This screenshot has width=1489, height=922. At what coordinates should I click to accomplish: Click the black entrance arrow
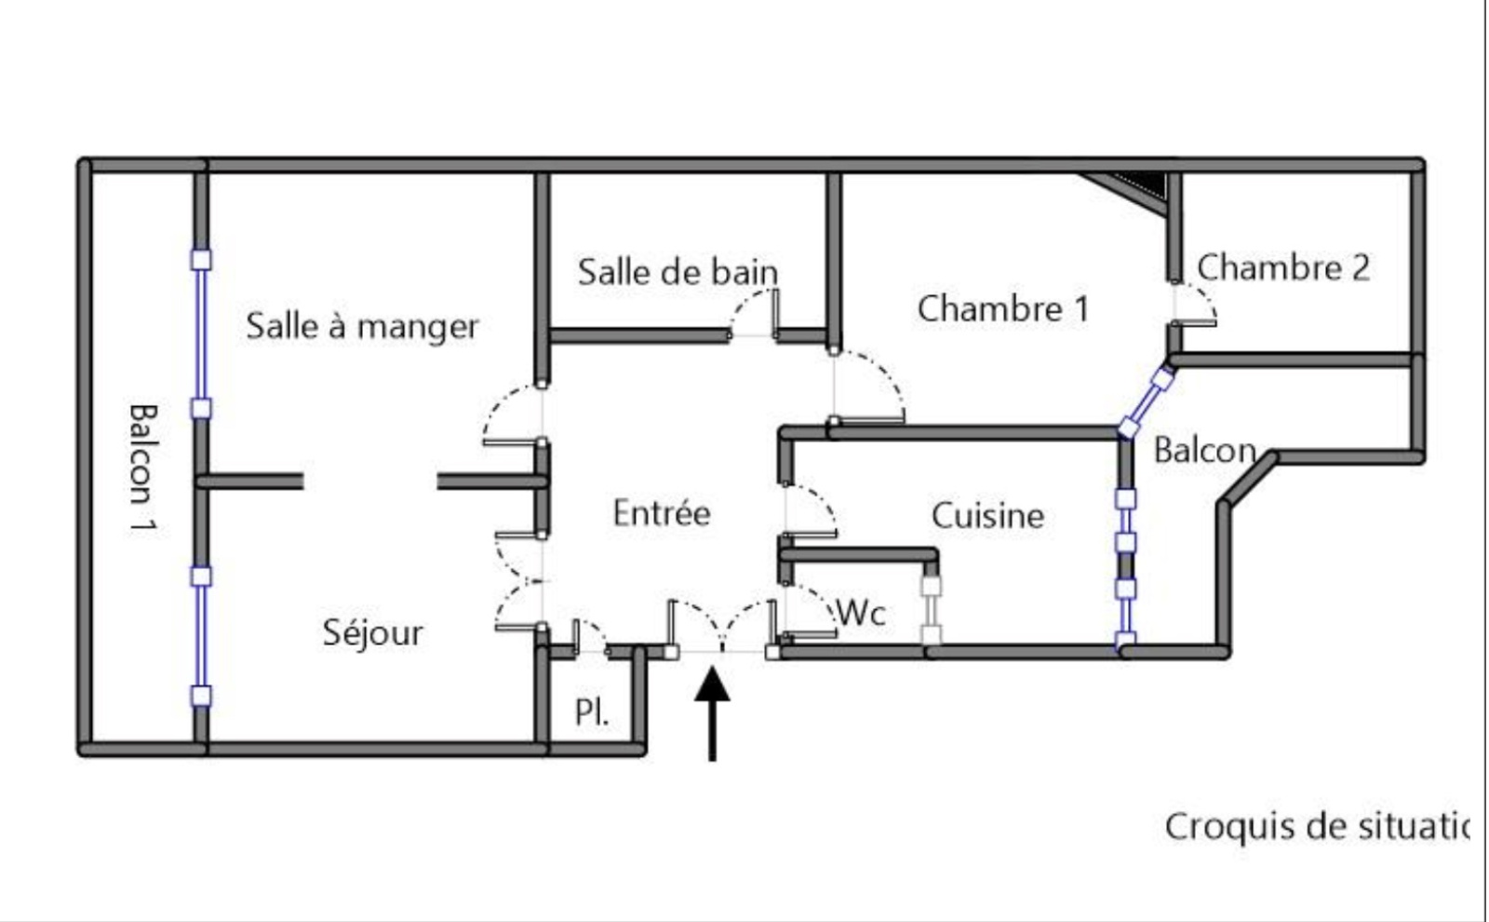point(712,712)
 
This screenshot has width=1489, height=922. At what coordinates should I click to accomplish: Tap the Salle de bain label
point(677,272)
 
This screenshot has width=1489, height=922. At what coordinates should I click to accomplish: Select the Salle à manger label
point(362,326)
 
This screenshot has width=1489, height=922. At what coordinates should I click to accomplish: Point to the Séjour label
point(372,632)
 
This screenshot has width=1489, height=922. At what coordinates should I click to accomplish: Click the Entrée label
point(662,513)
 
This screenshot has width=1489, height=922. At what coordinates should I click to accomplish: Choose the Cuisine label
point(987,515)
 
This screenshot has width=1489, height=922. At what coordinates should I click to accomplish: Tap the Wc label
point(861,613)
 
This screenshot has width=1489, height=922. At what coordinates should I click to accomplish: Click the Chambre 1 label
point(1002,308)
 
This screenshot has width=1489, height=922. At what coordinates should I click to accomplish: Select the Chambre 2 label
point(1282,267)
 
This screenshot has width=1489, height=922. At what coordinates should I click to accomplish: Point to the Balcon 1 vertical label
point(141,468)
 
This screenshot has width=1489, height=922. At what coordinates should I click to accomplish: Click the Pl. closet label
point(592,712)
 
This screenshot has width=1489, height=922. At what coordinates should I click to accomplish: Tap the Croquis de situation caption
point(1316,826)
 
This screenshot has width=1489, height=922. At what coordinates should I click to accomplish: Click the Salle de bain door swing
point(755,314)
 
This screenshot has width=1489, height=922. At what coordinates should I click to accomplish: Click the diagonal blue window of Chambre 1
point(1146,402)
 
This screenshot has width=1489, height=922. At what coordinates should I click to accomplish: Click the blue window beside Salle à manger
point(201,333)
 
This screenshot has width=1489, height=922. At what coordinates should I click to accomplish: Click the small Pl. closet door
point(588,636)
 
